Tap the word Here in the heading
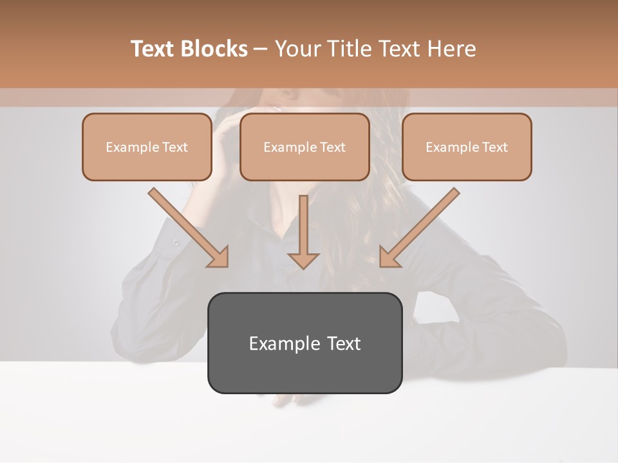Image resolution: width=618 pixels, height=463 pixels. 448,49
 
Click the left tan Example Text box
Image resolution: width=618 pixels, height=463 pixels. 147,147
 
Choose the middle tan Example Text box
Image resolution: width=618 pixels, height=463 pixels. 304,147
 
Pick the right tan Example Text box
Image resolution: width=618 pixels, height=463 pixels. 467,147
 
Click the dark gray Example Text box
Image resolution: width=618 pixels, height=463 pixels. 304,343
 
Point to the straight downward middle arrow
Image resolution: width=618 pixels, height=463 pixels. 303,225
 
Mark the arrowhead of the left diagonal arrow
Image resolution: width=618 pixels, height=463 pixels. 219,257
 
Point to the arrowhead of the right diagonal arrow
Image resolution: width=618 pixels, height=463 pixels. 389,257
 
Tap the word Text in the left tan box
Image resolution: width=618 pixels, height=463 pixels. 174,147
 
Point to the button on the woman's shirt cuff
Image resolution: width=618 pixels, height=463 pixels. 175,242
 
